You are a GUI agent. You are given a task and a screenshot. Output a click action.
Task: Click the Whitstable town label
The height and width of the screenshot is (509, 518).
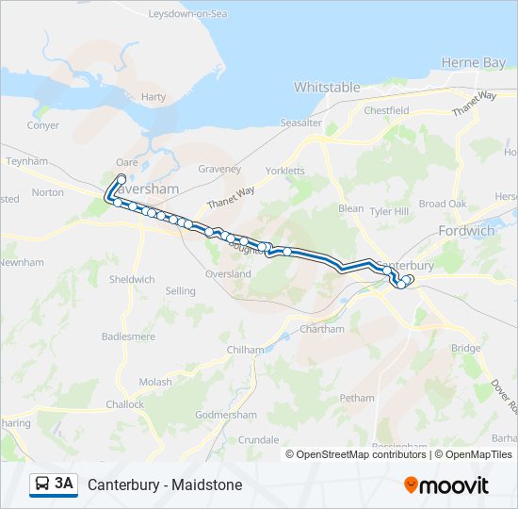pos(327,87)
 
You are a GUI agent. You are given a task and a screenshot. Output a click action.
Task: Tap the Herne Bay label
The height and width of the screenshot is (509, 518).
pos(474,62)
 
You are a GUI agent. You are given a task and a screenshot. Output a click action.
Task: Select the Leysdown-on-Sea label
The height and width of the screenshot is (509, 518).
pos(188,14)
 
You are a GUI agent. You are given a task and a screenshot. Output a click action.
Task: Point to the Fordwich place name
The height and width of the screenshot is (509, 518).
pos(466,230)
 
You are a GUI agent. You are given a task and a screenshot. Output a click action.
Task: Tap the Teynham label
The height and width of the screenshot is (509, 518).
pos(26,161)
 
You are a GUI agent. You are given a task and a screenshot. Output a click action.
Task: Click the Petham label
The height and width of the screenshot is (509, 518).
pos(357,398)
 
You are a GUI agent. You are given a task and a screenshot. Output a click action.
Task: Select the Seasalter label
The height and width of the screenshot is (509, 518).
pos(300,123)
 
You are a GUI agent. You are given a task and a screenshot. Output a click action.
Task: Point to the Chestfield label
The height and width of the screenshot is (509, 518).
pos(386,110)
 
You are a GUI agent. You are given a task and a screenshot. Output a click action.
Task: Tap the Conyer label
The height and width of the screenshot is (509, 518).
pos(43,124)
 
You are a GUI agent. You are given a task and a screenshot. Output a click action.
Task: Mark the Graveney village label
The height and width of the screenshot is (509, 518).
pos(219,169)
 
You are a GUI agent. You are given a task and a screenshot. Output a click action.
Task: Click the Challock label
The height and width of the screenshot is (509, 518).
pos(125,404)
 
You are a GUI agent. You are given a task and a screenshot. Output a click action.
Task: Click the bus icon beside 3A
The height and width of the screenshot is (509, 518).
pos(42,484)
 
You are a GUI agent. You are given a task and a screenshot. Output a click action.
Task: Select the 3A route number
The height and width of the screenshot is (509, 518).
pos(64,484)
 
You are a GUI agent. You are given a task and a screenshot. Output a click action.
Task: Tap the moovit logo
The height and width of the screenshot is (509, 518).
pos(446,484)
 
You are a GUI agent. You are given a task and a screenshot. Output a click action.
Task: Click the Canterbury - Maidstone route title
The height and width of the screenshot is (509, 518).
pos(165,484)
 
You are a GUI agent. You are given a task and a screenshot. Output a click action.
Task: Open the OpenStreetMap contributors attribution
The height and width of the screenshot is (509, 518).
pos(362,454)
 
